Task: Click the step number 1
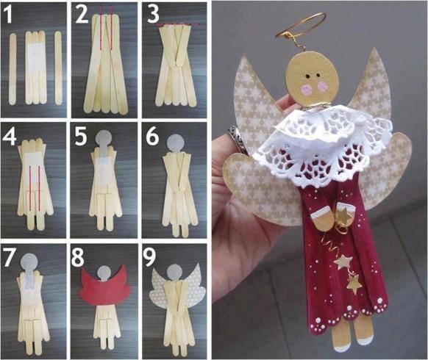tap(9, 14)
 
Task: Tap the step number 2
tap(82, 14)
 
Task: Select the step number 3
tap(153, 14)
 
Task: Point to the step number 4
tap(10, 135)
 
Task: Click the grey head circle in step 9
tap(174, 273)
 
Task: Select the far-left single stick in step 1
tap(13, 69)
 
